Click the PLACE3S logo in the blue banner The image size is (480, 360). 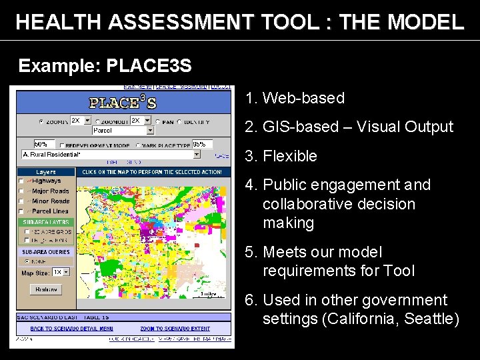pos(123,103)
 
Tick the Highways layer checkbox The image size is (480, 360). pos(21,181)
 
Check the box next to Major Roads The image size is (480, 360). pos(21,191)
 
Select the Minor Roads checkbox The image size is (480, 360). pos(21,201)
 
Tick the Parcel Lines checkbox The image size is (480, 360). pos(21,211)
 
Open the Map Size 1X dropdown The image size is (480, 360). pos(61,273)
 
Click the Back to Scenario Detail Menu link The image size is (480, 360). pos(72,329)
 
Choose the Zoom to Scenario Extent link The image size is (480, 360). pos(174,329)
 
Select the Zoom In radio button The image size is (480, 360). pos(41,122)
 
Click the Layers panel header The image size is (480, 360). pos(45,172)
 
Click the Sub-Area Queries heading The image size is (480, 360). pos(45,253)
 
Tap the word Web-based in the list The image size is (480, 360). pos(303,98)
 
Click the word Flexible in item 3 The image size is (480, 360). pos(290,156)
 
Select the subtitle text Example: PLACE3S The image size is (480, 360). pos(105,66)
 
